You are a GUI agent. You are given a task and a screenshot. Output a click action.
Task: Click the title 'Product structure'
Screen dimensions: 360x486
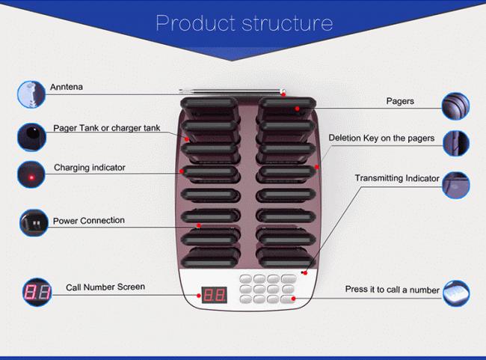244,23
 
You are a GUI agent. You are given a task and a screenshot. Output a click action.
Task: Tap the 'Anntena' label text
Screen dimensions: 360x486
66,88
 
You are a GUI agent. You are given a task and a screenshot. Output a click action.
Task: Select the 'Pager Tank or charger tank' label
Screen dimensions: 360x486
107,128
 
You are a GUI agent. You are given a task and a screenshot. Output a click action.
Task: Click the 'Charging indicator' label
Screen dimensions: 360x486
90,168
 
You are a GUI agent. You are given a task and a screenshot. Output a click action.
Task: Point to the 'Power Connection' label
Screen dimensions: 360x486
88,221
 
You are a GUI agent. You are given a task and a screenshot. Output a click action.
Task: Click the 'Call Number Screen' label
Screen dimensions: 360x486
105,287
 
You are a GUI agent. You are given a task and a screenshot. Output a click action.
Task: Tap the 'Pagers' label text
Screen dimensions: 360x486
400,101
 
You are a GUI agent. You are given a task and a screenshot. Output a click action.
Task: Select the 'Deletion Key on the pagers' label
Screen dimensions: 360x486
381,138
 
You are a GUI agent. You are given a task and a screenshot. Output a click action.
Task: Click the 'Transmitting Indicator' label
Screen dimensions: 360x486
397,178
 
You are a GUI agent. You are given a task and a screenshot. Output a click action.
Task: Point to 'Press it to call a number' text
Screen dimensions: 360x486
392,290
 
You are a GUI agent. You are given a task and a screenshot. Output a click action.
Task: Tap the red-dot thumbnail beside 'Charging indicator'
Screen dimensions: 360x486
31,176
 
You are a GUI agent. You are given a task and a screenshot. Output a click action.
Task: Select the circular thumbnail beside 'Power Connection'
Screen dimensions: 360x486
33,223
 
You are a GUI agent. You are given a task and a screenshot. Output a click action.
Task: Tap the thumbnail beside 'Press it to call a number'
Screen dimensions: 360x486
456,293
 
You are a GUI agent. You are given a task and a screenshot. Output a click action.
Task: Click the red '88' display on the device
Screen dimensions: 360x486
215,294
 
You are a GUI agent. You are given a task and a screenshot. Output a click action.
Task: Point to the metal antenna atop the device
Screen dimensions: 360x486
233,92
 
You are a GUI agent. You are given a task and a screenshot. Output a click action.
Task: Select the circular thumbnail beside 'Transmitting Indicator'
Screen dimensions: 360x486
455,184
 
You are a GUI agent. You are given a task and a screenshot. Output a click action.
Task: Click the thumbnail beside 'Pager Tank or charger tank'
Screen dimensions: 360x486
31,136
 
